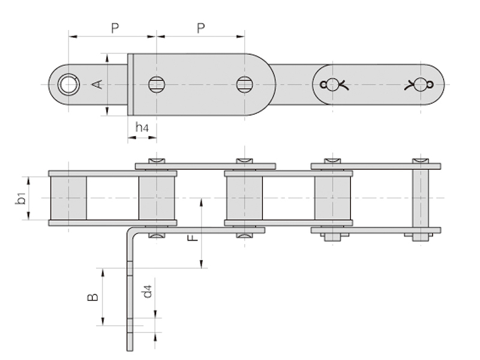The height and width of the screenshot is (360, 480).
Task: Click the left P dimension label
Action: (115, 28)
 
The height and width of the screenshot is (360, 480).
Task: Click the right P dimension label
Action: (200, 28)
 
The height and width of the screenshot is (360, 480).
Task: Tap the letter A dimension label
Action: (98, 85)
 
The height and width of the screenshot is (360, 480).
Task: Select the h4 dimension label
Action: (142, 127)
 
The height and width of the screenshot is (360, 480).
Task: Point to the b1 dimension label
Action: (20, 199)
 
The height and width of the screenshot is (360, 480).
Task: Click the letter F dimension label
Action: (193, 237)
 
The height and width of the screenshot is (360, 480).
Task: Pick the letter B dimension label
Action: (93, 297)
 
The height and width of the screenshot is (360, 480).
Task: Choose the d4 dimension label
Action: (147, 291)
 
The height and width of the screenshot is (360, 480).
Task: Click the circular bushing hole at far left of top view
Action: (69, 84)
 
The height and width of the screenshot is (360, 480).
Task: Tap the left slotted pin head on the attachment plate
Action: (157, 84)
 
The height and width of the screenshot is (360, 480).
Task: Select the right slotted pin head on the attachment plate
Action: (245, 84)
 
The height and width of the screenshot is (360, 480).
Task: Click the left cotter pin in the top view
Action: (334, 85)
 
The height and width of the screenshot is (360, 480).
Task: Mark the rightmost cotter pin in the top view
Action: (419, 85)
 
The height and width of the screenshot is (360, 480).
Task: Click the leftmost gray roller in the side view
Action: (68, 198)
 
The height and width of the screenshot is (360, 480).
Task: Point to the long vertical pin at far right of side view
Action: (421, 200)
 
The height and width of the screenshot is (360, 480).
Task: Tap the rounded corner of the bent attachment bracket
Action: (131, 231)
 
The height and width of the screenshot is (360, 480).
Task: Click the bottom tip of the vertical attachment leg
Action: (130, 350)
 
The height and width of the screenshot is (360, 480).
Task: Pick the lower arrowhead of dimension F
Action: (202, 264)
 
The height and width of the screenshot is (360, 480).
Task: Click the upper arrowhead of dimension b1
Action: (29, 181)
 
